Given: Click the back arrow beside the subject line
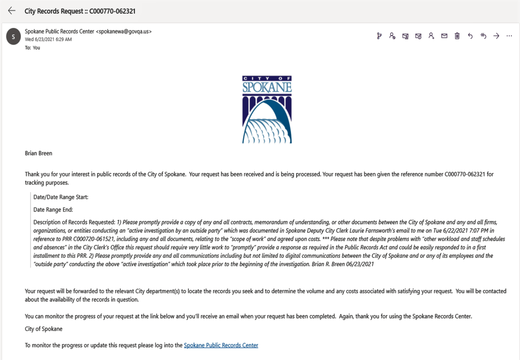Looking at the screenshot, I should click(12, 11).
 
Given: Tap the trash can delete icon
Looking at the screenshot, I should click(457, 36).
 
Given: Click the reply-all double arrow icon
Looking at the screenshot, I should click(483, 36).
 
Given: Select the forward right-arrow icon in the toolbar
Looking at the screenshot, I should click(496, 36).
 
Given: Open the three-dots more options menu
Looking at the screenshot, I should click(509, 36).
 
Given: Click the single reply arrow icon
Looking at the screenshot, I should click(470, 36).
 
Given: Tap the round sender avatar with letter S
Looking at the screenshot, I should click(13, 37).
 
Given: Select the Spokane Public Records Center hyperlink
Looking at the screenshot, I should click(221, 345).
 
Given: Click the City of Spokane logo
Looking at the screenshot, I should click(267, 109).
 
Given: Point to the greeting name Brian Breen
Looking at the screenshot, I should click(39, 153).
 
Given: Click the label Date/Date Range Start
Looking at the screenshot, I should click(60, 197).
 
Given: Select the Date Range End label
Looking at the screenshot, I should click(53, 209).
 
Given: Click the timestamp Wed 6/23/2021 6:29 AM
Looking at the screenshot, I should click(48, 39).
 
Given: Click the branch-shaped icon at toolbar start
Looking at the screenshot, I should click(379, 36).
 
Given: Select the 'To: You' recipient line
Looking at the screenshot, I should click(32, 48).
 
